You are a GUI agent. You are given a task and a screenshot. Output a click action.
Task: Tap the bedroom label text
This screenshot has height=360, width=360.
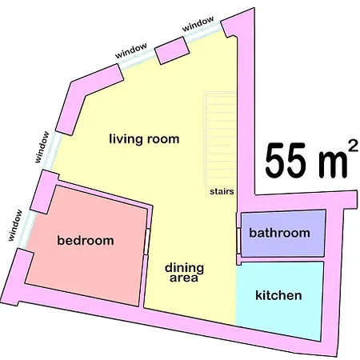click(x=86, y=241)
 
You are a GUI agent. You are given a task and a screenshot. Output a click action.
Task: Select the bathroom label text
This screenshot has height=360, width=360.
click(x=279, y=233)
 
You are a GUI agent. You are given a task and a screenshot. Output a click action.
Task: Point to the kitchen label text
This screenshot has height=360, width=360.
click(x=278, y=295)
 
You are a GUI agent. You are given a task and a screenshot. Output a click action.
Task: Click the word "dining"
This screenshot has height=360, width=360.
click(x=184, y=269)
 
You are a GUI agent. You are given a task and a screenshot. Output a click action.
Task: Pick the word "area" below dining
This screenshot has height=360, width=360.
click(x=184, y=278)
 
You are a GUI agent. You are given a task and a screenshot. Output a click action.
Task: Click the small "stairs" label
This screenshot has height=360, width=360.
click(x=222, y=191)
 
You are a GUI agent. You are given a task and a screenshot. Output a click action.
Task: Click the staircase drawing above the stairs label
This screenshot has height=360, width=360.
click(x=220, y=139)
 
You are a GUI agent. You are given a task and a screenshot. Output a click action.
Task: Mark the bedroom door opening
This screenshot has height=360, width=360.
click(x=147, y=242)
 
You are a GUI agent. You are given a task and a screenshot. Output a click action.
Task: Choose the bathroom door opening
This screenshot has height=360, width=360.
click(x=238, y=241)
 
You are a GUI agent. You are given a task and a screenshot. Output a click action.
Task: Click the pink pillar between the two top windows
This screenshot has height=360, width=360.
click(x=172, y=50)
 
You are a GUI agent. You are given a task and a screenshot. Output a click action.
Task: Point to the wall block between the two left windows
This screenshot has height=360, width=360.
click(x=44, y=192)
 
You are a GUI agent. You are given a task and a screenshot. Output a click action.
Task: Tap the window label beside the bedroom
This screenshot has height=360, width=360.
click(x=15, y=226)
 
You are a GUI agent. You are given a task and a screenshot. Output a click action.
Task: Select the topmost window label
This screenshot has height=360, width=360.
click(x=198, y=24)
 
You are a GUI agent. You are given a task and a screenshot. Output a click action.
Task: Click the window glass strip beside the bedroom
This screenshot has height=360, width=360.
click(x=26, y=230)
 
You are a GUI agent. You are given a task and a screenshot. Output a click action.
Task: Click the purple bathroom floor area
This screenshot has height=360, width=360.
click(x=283, y=234)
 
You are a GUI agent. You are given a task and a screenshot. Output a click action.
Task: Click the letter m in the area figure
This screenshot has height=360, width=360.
click(x=333, y=165)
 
